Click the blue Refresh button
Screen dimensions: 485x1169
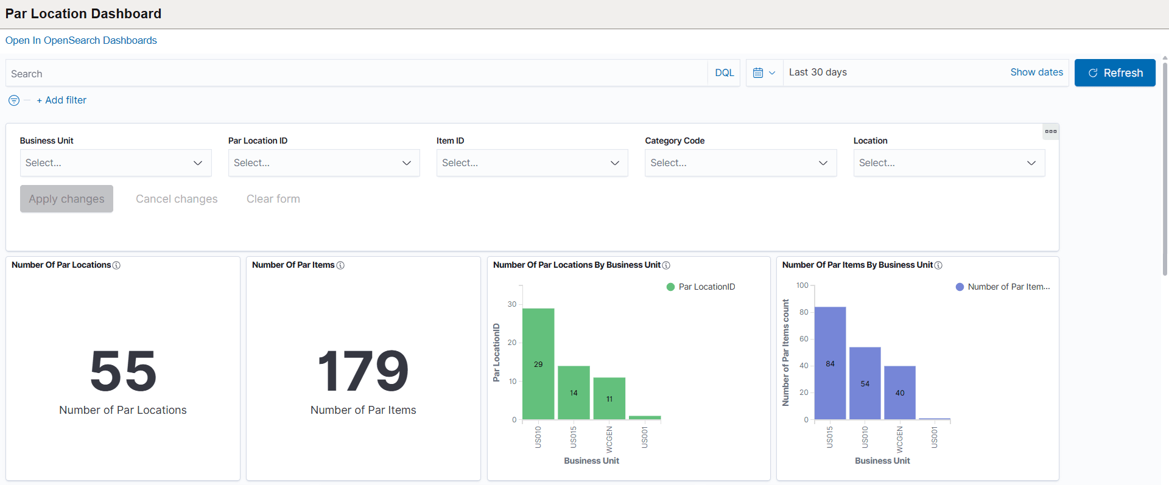coord(1114,73)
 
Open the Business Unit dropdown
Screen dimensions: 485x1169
coord(116,163)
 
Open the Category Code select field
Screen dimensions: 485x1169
coord(740,163)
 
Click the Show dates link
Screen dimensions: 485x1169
coord(1036,72)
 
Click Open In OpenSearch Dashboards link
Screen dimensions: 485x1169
coord(81,40)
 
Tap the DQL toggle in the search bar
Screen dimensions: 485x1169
coord(724,73)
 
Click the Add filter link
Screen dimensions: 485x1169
coord(61,100)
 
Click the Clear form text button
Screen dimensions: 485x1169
coord(273,199)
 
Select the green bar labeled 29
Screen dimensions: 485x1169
coord(538,364)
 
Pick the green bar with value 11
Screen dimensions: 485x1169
coord(609,399)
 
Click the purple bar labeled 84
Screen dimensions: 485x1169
coord(830,363)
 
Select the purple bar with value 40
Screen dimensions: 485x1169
coord(899,393)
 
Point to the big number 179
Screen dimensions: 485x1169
coord(363,371)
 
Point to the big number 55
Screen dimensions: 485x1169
coord(123,371)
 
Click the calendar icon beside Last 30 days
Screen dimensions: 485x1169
coord(759,73)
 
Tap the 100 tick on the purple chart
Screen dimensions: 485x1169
coord(802,285)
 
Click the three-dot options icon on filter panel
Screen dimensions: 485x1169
coord(1050,131)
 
